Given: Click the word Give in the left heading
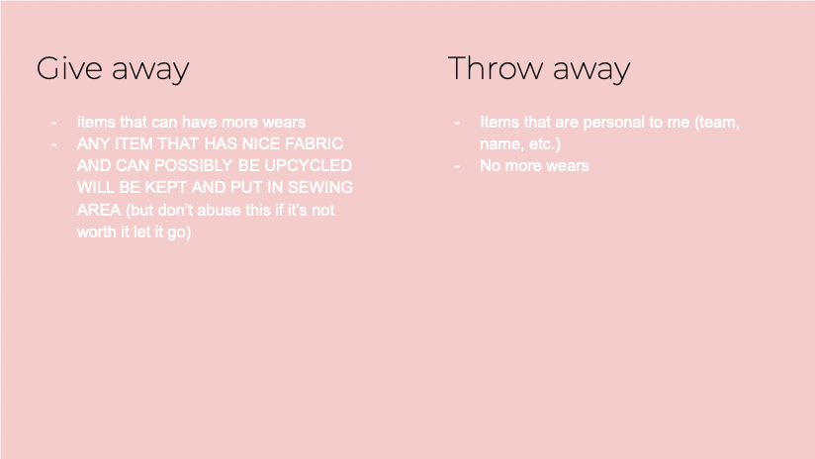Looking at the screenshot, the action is click(x=69, y=68).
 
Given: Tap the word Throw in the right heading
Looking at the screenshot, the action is click(x=495, y=68).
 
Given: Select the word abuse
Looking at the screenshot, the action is click(x=226, y=210).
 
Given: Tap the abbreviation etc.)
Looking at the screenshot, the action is click(x=545, y=144).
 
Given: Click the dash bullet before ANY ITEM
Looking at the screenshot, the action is click(x=54, y=144).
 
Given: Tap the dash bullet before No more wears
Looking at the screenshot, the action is click(x=457, y=166).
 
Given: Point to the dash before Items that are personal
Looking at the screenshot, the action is click(x=457, y=123).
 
